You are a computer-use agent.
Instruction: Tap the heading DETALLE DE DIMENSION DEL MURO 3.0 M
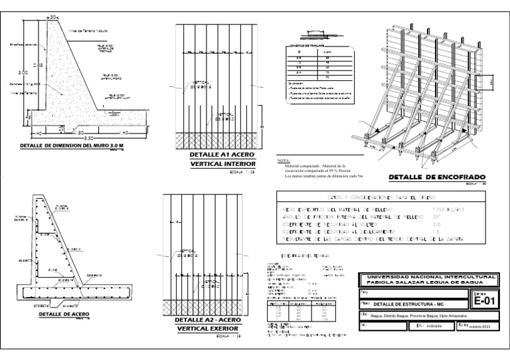coord(71,145)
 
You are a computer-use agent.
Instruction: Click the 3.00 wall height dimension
coord(23,73)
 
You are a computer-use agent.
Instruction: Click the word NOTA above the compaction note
coord(282,161)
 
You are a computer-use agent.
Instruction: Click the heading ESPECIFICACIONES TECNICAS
coord(298,254)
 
